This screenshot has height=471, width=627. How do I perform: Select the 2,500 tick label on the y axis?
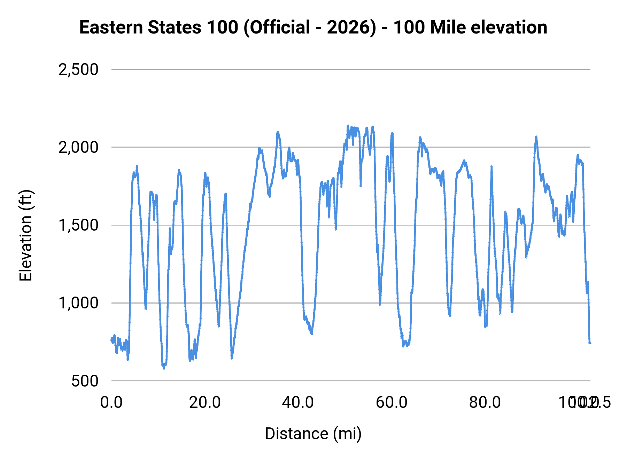point(78,69)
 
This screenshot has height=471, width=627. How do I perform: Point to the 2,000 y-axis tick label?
point(78,147)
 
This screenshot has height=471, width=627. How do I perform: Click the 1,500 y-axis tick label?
point(78,225)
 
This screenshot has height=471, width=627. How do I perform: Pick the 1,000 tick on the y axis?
point(78,303)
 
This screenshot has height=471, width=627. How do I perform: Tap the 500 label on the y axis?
point(85,381)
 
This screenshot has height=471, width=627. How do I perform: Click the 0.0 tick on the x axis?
point(111,402)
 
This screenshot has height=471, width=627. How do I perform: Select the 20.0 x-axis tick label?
point(205,402)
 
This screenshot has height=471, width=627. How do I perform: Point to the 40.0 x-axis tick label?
point(298,402)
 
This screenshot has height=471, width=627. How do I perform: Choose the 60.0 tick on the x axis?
point(392,402)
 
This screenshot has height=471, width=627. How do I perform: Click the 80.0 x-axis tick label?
point(485,402)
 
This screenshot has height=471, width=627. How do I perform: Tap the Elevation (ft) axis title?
point(26,236)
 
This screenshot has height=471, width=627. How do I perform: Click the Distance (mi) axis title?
point(313,434)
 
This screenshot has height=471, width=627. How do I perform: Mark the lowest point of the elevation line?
point(164,368)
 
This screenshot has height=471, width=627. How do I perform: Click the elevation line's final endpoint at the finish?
point(590,343)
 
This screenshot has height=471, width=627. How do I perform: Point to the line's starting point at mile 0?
point(111,340)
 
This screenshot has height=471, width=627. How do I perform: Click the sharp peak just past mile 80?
point(491,167)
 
